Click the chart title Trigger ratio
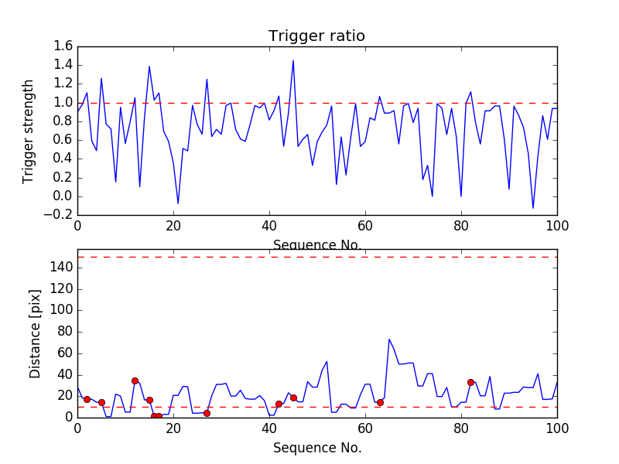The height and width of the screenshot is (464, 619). [316, 36]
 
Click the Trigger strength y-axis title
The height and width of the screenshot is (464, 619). [29, 131]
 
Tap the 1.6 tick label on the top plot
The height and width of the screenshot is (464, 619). [63, 46]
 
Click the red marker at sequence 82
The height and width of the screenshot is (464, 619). [470, 382]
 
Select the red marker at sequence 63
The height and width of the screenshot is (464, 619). [380, 402]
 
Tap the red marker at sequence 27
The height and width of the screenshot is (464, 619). [207, 413]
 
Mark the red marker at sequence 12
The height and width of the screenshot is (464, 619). [135, 380]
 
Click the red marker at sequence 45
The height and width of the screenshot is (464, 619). [293, 397]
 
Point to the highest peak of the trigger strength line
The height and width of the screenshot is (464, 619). [293, 60]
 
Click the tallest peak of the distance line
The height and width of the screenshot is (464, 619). [389, 339]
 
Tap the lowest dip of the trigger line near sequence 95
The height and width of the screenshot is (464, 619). [533, 208]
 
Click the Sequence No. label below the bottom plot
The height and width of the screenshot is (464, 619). [316, 448]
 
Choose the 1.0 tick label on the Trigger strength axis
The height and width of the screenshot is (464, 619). [63, 103]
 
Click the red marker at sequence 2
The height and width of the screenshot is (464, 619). [87, 399]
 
